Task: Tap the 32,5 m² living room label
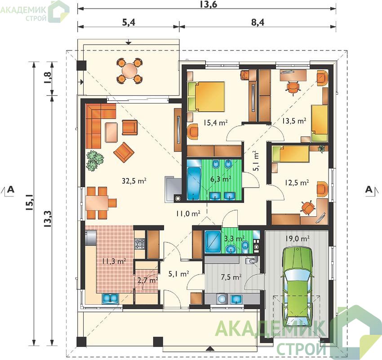click(x=134, y=181)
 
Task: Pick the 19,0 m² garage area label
click(x=297, y=238)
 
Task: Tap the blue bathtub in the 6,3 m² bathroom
click(x=194, y=183)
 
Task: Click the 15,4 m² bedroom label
click(x=216, y=122)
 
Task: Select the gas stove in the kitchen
click(x=140, y=243)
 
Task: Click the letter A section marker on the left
click(x=11, y=189)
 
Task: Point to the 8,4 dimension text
click(x=258, y=22)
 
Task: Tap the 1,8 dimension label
click(x=48, y=78)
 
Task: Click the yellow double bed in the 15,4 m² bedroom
click(x=206, y=97)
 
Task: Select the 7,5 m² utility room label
click(x=231, y=277)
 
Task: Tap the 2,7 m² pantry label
click(x=148, y=280)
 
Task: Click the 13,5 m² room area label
click(x=294, y=121)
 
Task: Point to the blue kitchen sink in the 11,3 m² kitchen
click(x=110, y=298)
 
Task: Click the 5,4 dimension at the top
click(x=129, y=22)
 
